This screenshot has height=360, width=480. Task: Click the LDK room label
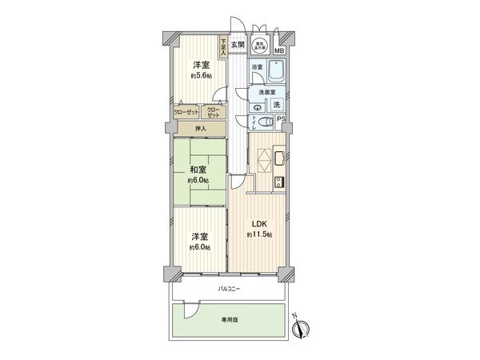pyautogui.click(x=258, y=223)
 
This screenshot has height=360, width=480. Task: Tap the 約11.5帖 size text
pyautogui.click(x=258, y=234)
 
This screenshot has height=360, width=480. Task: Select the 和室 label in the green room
pyautogui.click(x=198, y=170)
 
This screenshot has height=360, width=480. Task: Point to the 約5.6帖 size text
pyautogui.click(x=200, y=74)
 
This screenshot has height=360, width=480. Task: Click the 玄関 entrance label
pyautogui.click(x=238, y=45)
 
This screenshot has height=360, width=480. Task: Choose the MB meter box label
pyautogui.click(x=278, y=51)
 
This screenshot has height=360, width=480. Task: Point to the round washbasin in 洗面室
pyautogui.click(x=258, y=104)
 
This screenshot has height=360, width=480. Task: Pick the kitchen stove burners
pyautogui.click(x=278, y=182)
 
